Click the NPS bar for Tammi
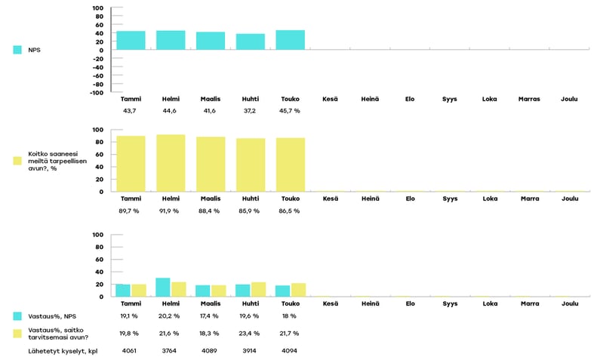pos(131,41)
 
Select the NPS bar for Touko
pos(291,40)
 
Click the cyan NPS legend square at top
pos(18,50)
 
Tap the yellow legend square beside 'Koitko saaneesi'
pos(18,161)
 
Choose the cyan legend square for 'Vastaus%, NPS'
pos(18,316)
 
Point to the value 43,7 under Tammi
pos(131,111)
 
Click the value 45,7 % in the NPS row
pos(291,111)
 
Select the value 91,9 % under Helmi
pos(171,211)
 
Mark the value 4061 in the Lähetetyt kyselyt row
pos(131,351)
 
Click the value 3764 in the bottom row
pos(171,351)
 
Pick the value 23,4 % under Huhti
pos(251,333)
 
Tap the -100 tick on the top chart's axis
pos(97,93)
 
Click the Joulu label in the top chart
pos(570,99)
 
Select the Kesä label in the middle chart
pos(330,198)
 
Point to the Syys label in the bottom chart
pos(450,304)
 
